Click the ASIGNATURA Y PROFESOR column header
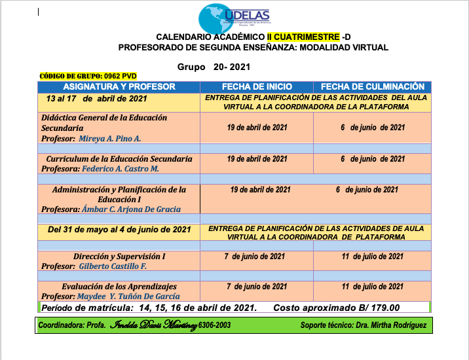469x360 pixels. point(119,86)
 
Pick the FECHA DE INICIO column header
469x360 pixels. point(257,86)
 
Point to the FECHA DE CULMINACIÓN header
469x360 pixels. point(373,86)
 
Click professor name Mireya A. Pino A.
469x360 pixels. point(110,139)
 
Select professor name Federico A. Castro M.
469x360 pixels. point(121,168)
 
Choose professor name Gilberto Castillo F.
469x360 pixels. point(113,266)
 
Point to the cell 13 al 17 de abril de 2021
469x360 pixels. point(96,99)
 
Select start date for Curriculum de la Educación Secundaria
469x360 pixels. point(257,159)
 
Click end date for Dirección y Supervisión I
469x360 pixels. point(372,257)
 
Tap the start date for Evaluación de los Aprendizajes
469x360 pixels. point(257,287)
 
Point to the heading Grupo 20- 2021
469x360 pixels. point(214,67)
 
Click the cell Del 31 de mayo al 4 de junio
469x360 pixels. point(119,230)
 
